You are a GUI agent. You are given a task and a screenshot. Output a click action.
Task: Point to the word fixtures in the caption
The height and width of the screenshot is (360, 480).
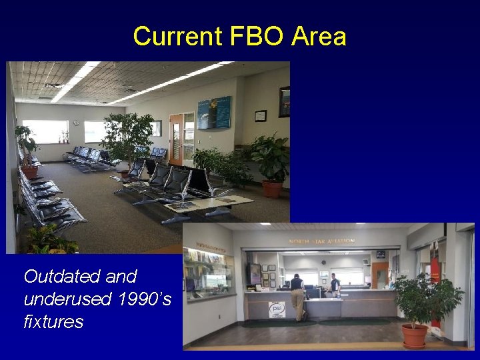[x=53, y=322]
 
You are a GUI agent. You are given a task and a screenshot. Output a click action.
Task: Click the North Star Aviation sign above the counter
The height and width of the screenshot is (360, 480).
[x=321, y=241]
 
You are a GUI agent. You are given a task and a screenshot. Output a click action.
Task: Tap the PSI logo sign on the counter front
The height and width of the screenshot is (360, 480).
[x=277, y=309]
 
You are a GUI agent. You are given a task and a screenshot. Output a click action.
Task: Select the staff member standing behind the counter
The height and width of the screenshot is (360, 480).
[x=335, y=285]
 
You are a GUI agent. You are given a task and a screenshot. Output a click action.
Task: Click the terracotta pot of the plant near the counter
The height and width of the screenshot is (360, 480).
[x=414, y=335]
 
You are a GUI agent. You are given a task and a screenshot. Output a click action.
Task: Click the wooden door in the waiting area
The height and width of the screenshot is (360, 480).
[x=176, y=139]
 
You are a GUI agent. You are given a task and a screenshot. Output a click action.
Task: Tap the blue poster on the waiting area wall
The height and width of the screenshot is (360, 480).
[x=214, y=113]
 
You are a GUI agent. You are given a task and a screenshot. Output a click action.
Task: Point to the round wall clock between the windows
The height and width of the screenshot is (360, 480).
[x=76, y=123]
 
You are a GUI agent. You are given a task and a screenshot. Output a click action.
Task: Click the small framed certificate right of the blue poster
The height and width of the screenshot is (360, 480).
[x=261, y=115]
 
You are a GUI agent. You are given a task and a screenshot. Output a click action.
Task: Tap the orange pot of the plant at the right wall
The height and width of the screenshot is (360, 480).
[x=272, y=189]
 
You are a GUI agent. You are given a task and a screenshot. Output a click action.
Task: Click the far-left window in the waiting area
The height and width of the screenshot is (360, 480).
[x=45, y=131]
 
